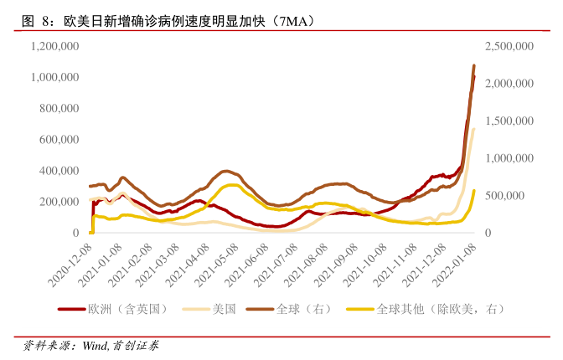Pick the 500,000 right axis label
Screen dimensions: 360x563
(514, 195)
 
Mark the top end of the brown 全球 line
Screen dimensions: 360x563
(474, 66)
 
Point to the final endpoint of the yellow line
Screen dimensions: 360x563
(474, 191)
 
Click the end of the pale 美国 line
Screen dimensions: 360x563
(474, 129)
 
